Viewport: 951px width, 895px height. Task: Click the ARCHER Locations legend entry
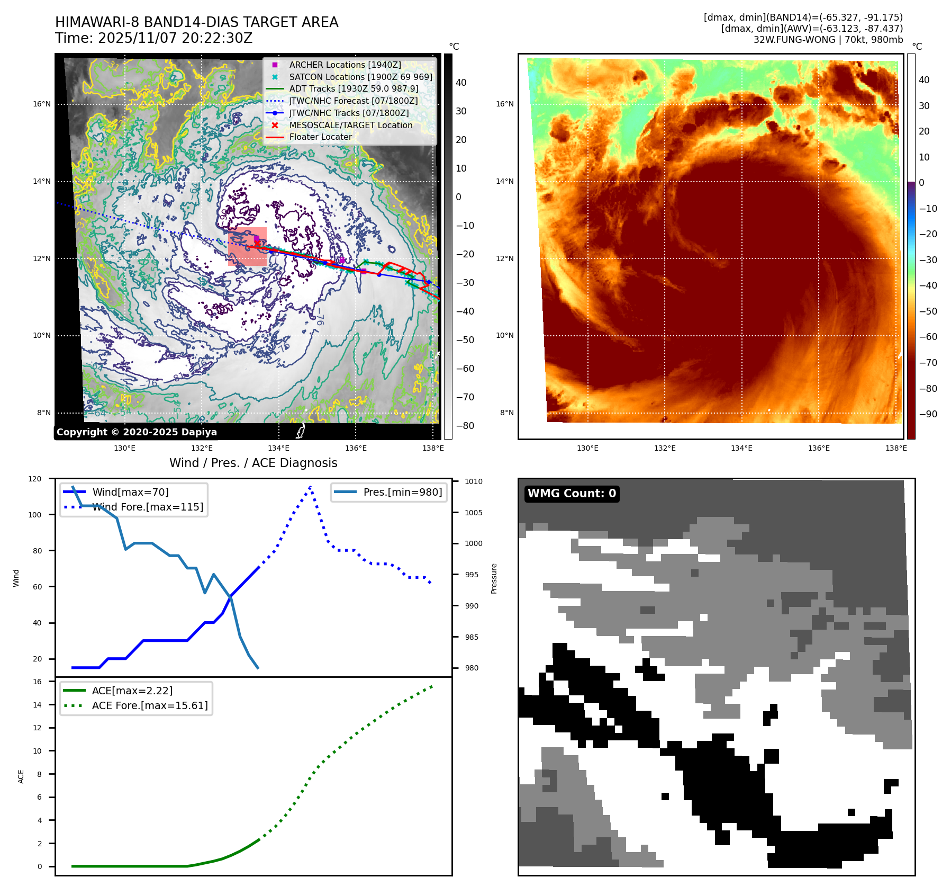(x=345, y=65)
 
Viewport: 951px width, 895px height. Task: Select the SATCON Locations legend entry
(x=360, y=77)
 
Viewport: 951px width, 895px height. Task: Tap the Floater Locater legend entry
(x=320, y=137)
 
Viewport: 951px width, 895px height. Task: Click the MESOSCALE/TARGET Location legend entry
(x=350, y=125)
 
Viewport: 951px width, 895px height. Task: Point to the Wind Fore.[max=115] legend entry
(x=148, y=507)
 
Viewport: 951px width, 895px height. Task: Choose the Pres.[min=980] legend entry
(x=402, y=492)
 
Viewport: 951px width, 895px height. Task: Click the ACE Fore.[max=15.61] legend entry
(x=150, y=705)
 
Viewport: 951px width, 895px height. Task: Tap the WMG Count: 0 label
(x=572, y=494)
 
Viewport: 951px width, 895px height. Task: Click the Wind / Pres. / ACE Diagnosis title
(x=253, y=463)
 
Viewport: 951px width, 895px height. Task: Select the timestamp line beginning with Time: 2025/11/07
(x=153, y=38)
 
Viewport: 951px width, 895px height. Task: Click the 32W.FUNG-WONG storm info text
(x=828, y=40)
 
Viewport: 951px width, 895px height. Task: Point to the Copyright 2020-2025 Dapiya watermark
(x=137, y=432)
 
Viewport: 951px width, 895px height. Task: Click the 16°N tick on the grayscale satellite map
(x=42, y=104)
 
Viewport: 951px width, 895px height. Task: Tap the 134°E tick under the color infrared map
(x=741, y=448)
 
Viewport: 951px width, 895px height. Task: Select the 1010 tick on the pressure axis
(x=474, y=481)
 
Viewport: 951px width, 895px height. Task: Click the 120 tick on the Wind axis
(x=35, y=479)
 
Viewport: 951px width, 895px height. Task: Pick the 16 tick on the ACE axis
(x=38, y=682)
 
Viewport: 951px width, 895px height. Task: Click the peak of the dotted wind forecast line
(x=311, y=486)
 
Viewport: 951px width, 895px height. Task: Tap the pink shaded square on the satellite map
(x=247, y=246)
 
